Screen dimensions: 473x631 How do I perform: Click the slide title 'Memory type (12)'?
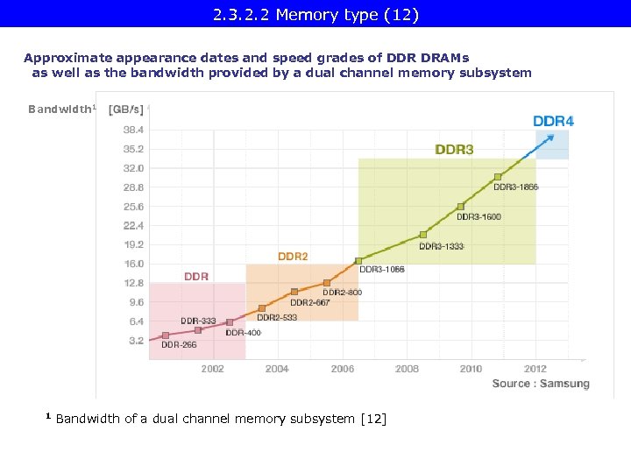pos(315,14)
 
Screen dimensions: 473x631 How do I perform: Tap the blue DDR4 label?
pos(554,121)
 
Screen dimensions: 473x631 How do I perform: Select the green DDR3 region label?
pos(454,150)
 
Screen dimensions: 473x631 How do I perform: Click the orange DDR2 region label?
pos(293,257)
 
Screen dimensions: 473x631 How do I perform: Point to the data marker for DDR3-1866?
pos(498,177)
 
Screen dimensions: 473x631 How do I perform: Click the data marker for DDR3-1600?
pos(460,207)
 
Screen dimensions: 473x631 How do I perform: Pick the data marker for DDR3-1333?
pos(423,235)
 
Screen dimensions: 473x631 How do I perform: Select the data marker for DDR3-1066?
pos(358,260)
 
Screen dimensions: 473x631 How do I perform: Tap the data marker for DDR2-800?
pos(327,283)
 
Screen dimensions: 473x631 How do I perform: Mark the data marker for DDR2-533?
pos(262,308)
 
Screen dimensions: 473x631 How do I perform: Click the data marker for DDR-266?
pos(166,335)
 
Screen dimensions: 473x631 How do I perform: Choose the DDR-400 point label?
pos(243,333)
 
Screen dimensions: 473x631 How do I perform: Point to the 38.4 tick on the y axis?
pos(133,129)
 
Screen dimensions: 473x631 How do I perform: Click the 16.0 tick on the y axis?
pos(133,264)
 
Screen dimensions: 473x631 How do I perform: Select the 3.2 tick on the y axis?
pos(136,341)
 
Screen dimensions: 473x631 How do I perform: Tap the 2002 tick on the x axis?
pos(212,369)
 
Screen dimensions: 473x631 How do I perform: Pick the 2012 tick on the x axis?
pos(535,369)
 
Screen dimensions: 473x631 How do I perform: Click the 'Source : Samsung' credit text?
pos(540,384)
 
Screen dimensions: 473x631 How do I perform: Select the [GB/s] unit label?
pos(125,109)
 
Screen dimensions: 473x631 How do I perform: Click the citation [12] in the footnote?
pos(372,419)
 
